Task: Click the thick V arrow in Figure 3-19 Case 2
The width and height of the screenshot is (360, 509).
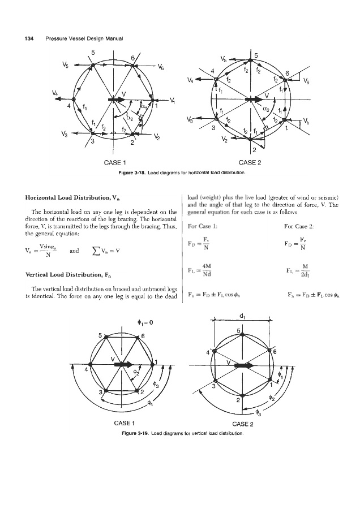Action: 244,366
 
